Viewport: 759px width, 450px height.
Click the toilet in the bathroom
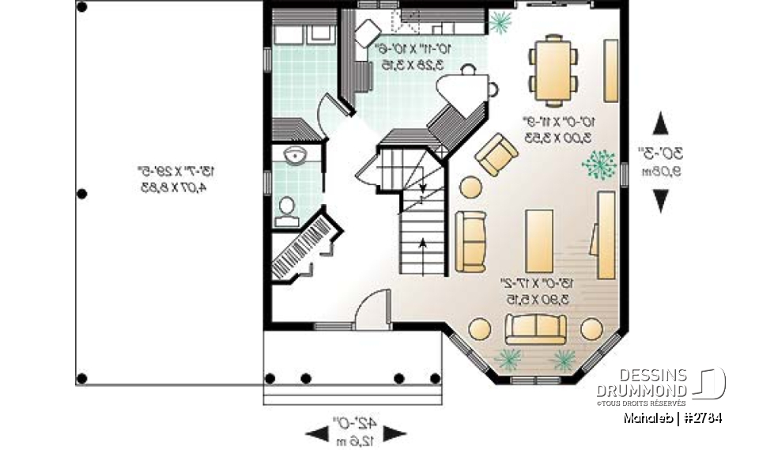click(286, 208)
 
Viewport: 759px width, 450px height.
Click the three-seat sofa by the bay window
click(535, 327)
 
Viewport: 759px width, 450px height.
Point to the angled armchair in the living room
click(497, 154)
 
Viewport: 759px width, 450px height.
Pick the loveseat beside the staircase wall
click(470, 241)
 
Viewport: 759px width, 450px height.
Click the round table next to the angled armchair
click(471, 187)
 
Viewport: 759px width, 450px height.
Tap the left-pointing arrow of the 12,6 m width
click(315, 433)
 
